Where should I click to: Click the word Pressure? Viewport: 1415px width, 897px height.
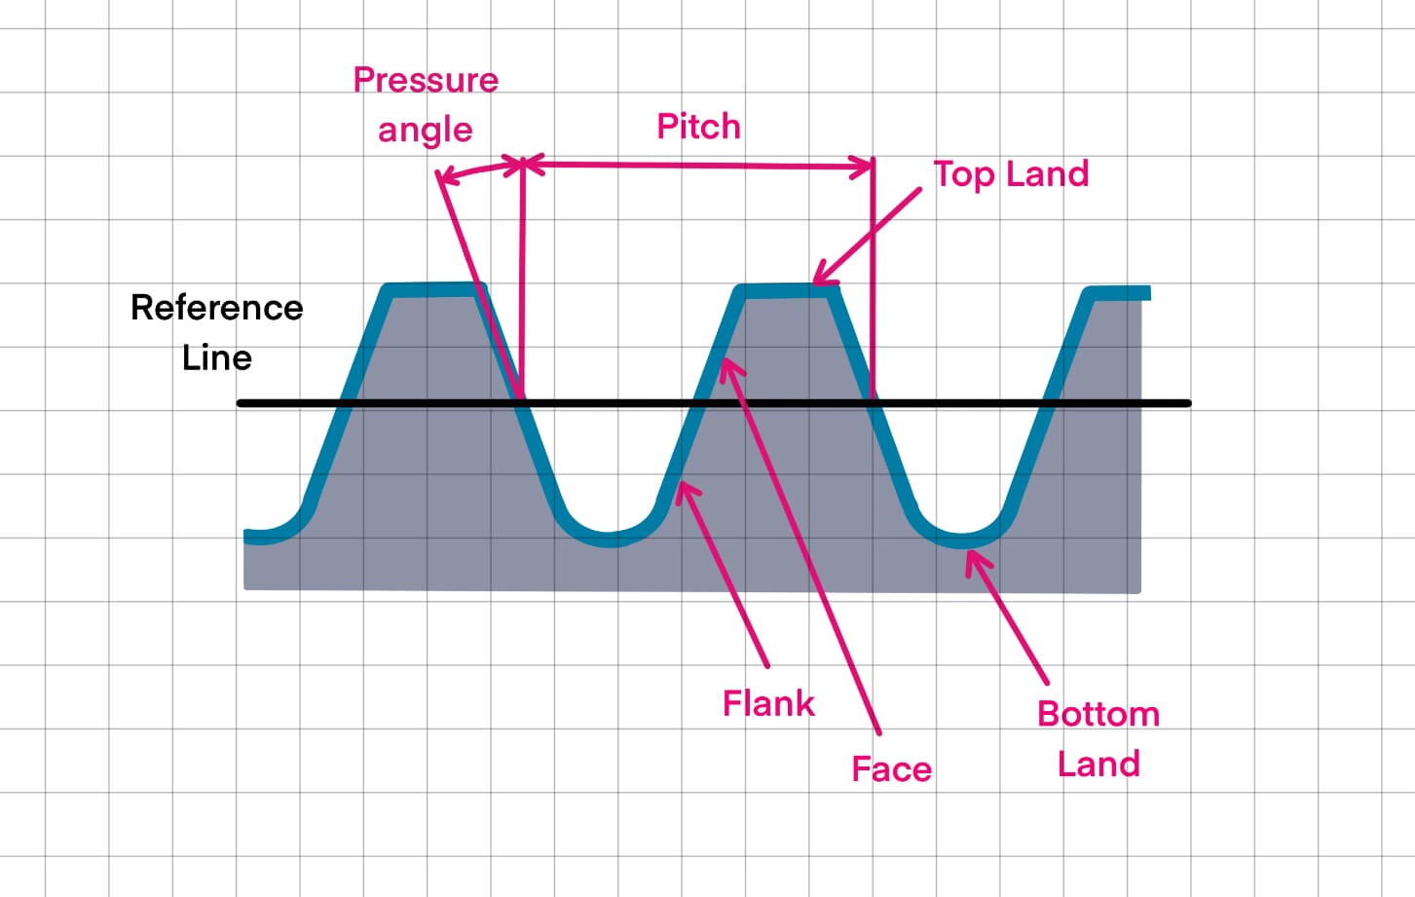pos(426,80)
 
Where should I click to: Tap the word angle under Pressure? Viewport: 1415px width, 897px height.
pos(426,130)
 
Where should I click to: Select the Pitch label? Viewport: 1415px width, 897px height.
pos(698,127)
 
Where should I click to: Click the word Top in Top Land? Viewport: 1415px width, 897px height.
pos(964,175)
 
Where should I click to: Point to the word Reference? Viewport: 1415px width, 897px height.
pos(217,308)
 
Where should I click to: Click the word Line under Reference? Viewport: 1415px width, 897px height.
pos(217,357)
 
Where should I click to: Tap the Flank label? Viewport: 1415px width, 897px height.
pos(768,703)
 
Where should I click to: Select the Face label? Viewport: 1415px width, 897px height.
pos(891,769)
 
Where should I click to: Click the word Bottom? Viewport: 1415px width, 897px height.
pos(1098,714)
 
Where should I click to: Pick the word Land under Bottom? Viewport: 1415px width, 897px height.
pos(1098,764)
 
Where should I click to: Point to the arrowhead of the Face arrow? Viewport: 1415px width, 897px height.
pos(726,366)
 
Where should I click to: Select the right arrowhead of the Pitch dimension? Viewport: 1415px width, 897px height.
pos(867,168)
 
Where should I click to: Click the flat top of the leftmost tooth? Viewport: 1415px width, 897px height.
pos(433,289)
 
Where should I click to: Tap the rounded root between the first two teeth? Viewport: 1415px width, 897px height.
pos(609,538)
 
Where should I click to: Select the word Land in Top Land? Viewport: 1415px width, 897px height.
pos(1047,174)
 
